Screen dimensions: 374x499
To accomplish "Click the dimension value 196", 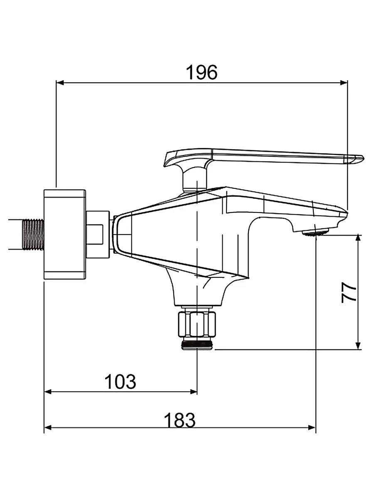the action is (202, 72).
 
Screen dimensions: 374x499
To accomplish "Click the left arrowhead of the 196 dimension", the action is (59, 83).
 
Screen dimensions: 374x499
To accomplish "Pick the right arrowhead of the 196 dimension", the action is (344, 83).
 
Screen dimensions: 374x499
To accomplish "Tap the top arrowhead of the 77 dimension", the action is (358, 238).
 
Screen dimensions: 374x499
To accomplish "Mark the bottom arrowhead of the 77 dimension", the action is (358, 346).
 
